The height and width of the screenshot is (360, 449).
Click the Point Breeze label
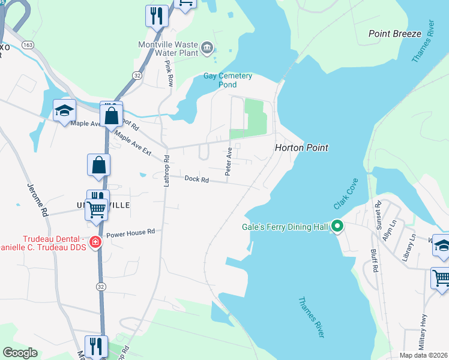[395, 34]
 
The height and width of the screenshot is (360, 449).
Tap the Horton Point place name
[301, 147]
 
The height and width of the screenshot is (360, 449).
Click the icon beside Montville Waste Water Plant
[207, 48]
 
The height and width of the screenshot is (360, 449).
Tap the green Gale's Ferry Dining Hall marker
[337, 227]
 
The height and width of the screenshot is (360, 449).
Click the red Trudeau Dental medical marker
[95, 242]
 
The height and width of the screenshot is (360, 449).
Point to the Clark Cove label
[346, 193]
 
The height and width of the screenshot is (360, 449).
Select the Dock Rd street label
[196, 179]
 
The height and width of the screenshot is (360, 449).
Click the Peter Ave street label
[229, 163]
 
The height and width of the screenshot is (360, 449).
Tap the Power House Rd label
[131, 231]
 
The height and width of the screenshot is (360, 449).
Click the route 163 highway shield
[27, 45]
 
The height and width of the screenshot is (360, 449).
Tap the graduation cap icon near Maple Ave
[65, 111]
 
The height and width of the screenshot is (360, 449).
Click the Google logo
[20, 352]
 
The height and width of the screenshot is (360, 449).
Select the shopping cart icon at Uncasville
[96, 209]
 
